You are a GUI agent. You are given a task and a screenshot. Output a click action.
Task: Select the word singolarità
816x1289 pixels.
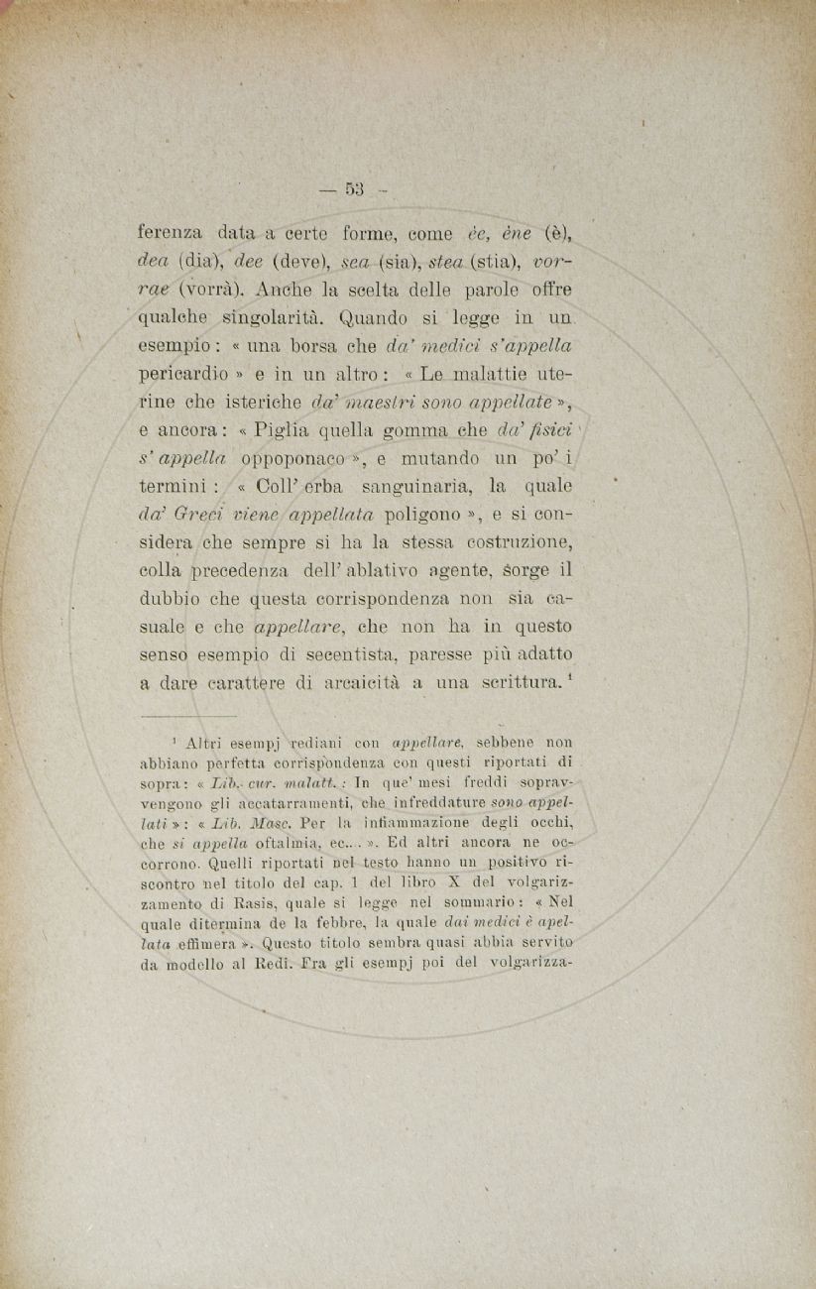coord(274,320)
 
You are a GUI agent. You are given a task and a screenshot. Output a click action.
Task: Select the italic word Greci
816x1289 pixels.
coord(201,518)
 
